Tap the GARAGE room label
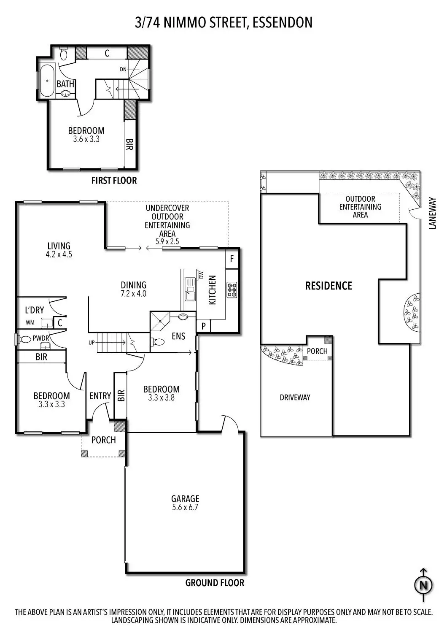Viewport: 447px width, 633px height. tap(185, 499)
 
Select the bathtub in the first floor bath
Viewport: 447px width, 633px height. tap(47, 80)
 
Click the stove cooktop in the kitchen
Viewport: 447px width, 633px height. tap(232, 290)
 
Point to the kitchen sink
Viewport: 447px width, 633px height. tap(190, 289)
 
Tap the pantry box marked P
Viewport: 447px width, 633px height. tap(203, 326)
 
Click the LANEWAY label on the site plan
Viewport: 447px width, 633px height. tap(432, 213)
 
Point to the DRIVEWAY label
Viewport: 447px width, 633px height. tap(295, 398)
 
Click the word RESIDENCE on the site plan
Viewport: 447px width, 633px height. tap(329, 286)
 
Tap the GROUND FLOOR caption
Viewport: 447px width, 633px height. tap(215, 583)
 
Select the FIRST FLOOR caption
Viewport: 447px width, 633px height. tap(114, 181)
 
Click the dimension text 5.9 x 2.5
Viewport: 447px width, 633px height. tap(167, 242)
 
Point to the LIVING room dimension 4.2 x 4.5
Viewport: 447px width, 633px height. tap(59, 254)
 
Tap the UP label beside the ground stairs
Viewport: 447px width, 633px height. tap(92, 343)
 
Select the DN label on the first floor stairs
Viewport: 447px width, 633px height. tap(123, 69)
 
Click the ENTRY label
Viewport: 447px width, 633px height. tap(100, 396)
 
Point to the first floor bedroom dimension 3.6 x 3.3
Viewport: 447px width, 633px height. tap(86, 139)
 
